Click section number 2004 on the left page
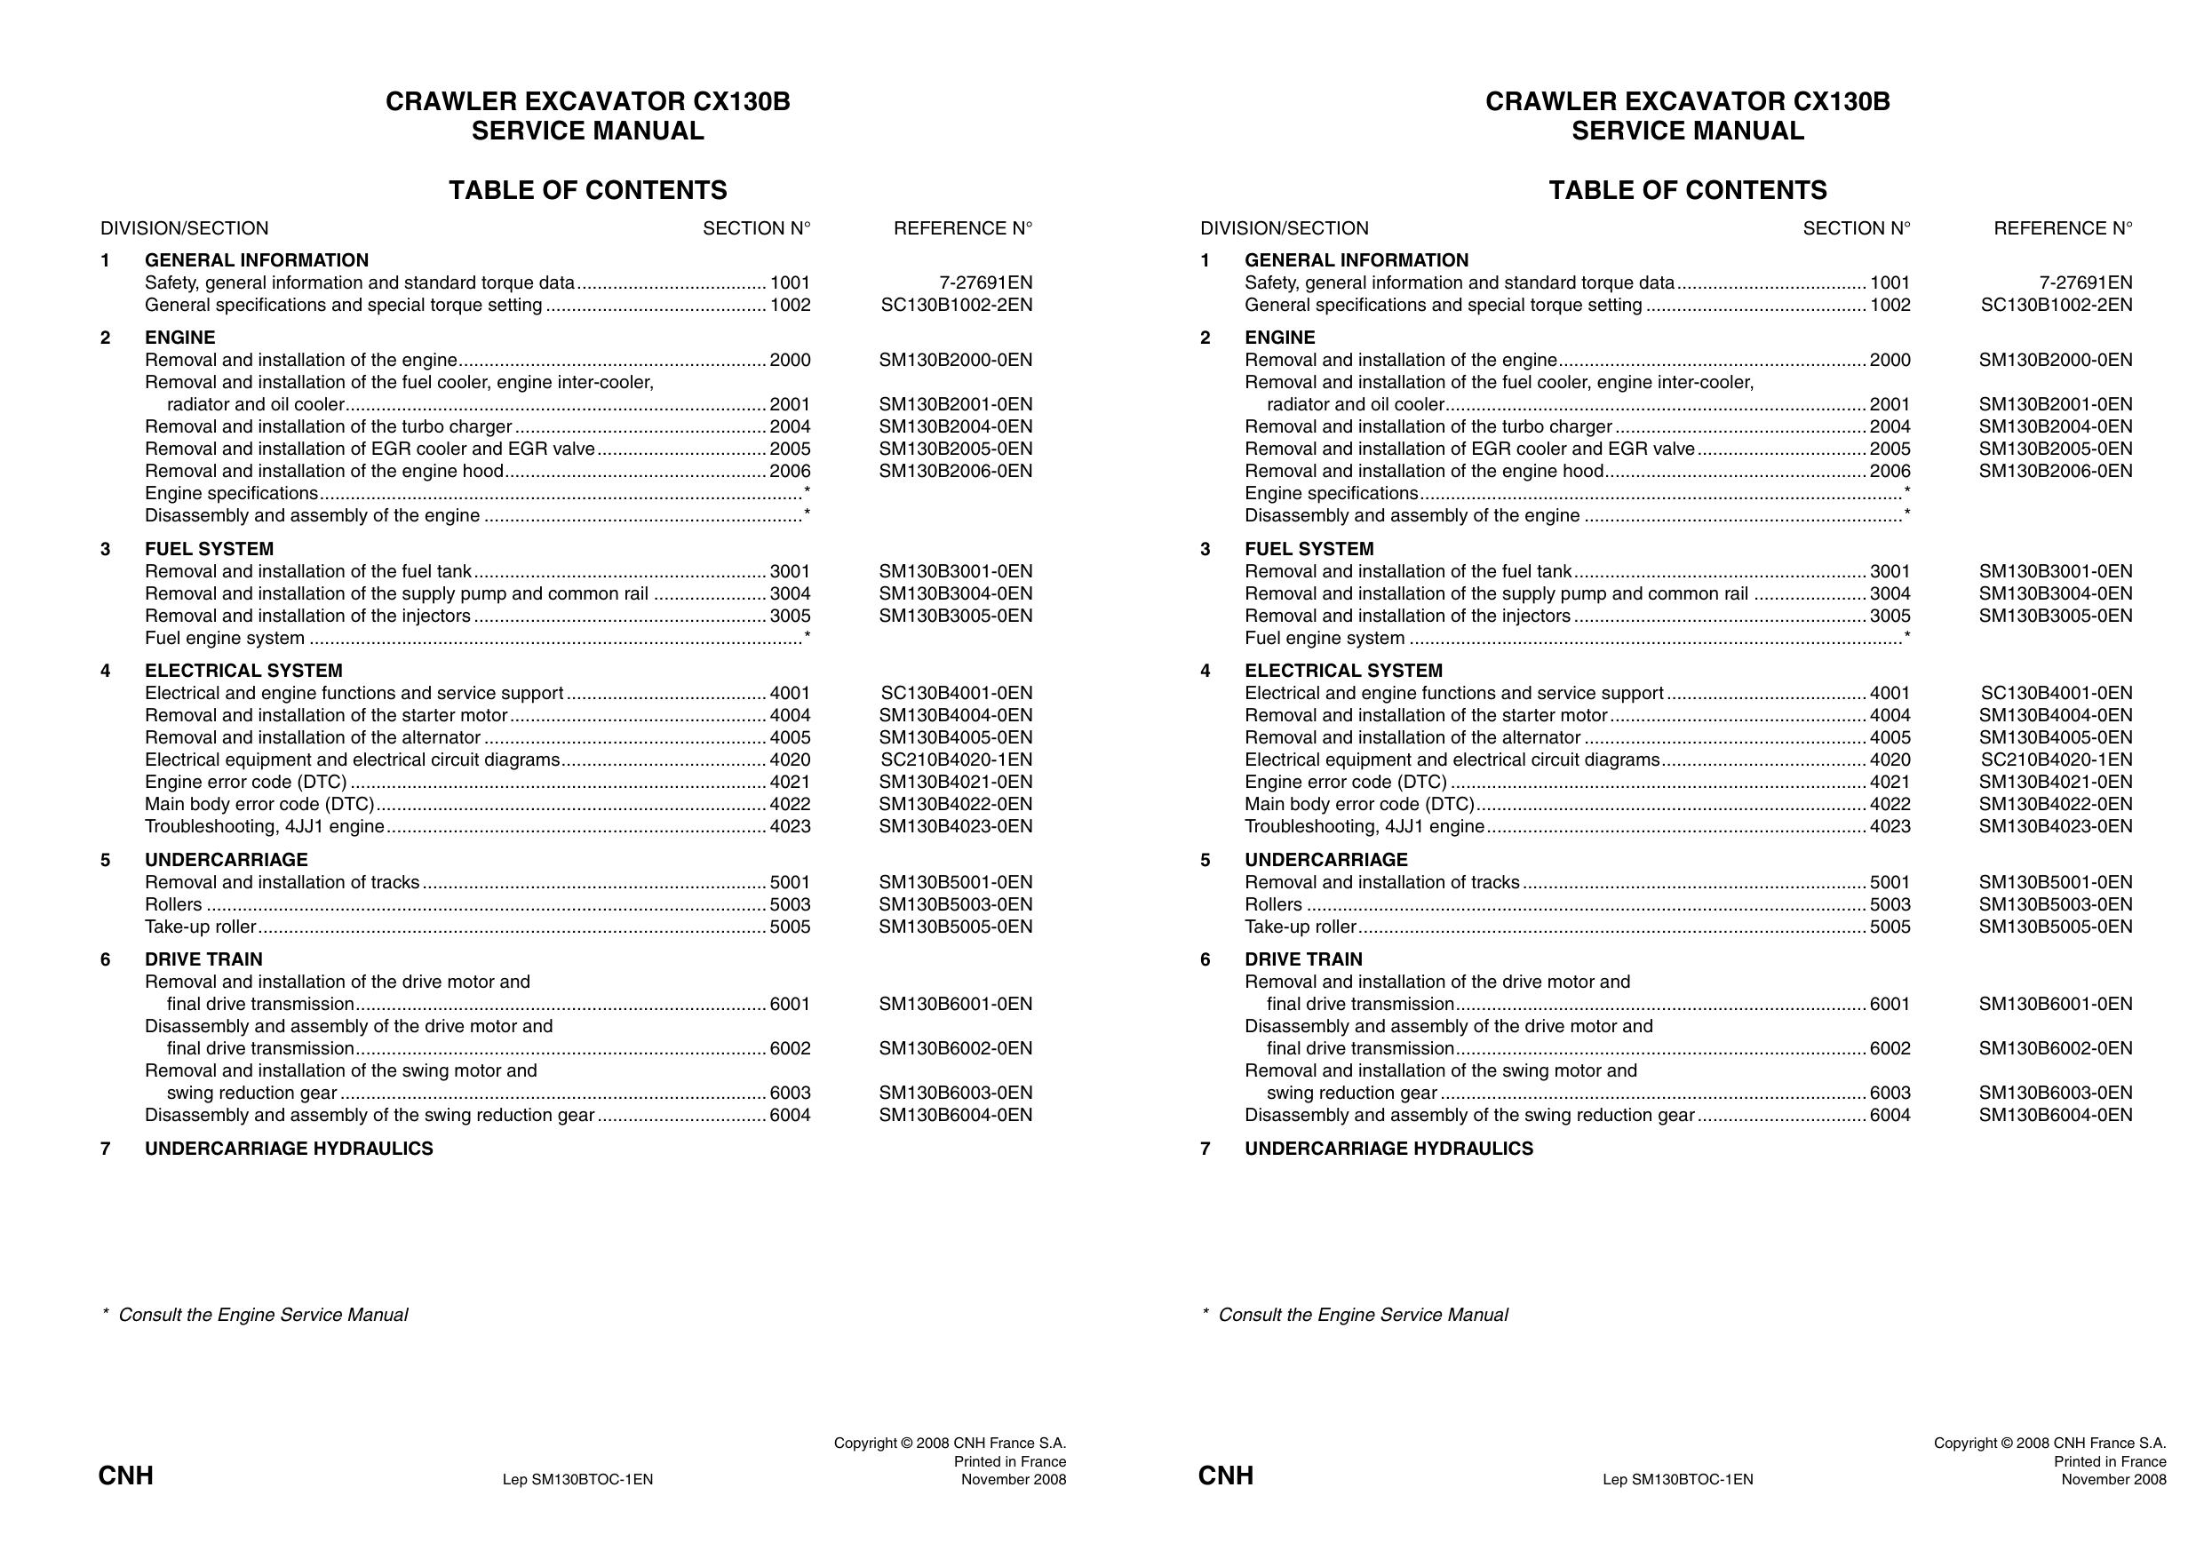(x=789, y=426)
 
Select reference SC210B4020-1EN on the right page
(x=2057, y=760)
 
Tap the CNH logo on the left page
(x=126, y=1475)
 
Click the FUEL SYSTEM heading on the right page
(x=1309, y=549)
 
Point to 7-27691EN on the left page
(x=985, y=282)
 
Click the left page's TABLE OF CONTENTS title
(x=587, y=190)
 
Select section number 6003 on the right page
(x=1890, y=1093)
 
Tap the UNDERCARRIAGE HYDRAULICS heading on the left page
(x=289, y=1148)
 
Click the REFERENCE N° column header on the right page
(x=2062, y=228)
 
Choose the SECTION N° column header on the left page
(x=755, y=228)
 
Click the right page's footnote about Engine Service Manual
(x=1355, y=1314)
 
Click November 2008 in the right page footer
(x=2112, y=1479)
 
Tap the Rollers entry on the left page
(x=174, y=904)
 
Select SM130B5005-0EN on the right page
(x=2056, y=927)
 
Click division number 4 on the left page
(x=106, y=671)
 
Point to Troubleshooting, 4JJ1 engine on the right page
(x=1364, y=826)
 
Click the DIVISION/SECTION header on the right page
(x=1284, y=228)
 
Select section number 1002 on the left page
(x=789, y=306)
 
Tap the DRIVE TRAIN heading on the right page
(x=1302, y=959)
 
